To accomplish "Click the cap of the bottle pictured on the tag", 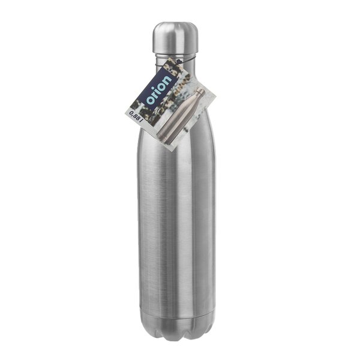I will click(x=200, y=92).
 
